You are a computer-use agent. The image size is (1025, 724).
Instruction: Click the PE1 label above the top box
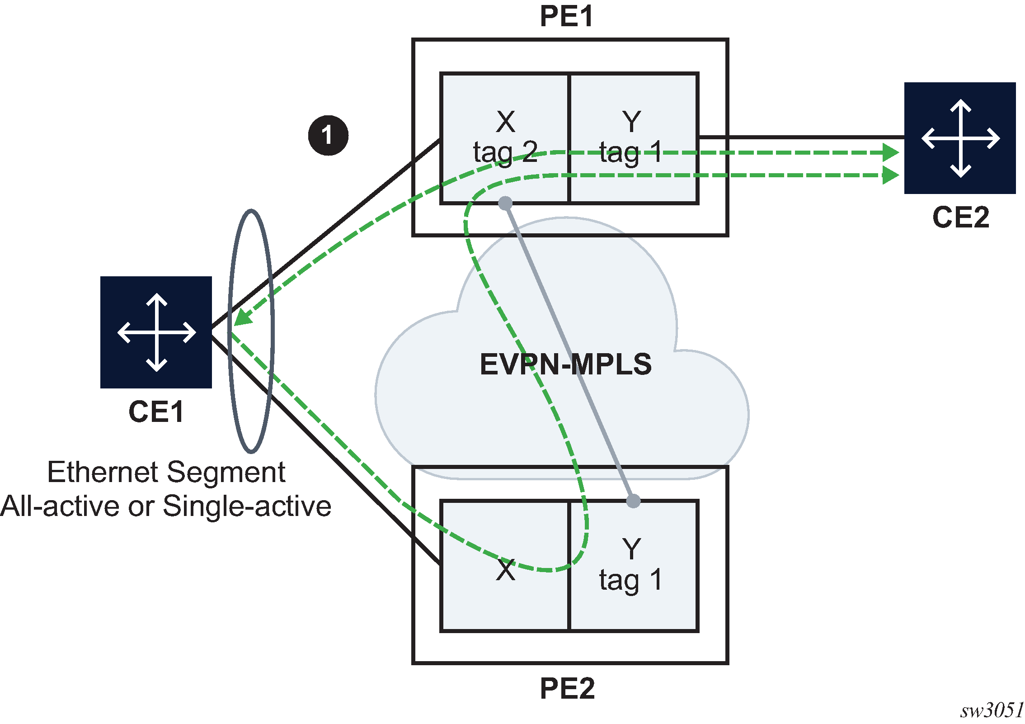pos(566,17)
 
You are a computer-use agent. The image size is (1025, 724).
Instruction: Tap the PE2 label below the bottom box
pos(567,689)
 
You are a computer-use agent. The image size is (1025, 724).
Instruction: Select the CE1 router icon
pos(156,332)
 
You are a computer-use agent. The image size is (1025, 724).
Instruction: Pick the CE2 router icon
pos(960,138)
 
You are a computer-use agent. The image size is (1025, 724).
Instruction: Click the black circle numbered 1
pos(328,135)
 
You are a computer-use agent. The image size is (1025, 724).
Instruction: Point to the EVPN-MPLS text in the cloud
pos(565,364)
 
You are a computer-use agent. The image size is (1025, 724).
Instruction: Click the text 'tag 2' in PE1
pos(505,152)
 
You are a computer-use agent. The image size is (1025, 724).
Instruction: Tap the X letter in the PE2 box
pos(505,570)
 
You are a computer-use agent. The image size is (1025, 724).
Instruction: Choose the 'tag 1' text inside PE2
pos(631,580)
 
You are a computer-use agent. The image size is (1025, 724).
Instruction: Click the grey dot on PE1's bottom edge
pos(505,203)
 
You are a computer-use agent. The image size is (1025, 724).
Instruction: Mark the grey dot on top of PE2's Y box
pos(633,501)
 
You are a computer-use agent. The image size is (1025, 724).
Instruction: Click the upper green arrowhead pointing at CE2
pos(891,152)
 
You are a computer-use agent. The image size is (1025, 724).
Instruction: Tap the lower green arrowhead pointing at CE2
pos(891,175)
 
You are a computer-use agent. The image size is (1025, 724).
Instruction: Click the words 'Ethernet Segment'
pos(166,472)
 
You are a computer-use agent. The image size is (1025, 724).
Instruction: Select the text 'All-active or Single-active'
pos(165,506)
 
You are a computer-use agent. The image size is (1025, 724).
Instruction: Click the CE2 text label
pos(961,218)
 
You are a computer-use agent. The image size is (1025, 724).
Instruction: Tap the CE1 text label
pos(156,412)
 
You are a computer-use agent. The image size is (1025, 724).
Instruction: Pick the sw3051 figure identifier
pos(992,710)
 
